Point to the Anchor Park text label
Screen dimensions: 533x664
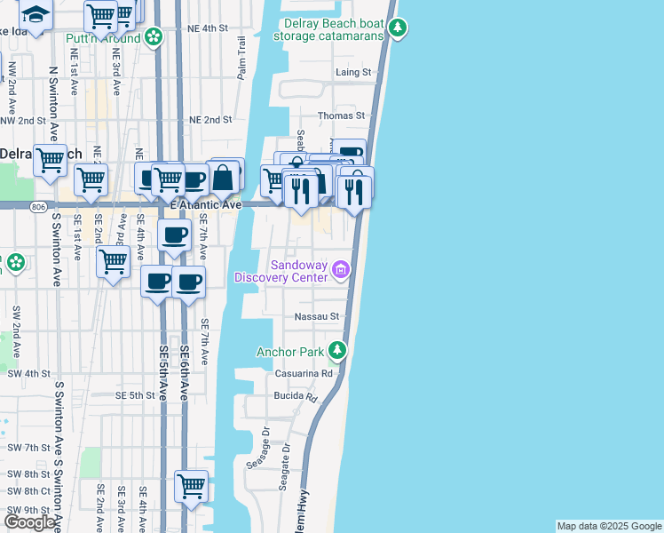click(x=290, y=352)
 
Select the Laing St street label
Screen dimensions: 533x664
click(x=352, y=72)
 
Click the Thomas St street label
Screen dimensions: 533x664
click(x=342, y=115)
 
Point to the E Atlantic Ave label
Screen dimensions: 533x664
click(x=206, y=205)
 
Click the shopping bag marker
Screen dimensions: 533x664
click(x=224, y=178)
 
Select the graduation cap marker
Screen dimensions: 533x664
click(x=36, y=12)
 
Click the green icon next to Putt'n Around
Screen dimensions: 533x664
click(x=154, y=37)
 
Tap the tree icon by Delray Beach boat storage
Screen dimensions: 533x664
click(x=399, y=29)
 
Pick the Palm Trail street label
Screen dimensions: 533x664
click(x=241, y=58)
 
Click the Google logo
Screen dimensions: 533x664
click(x=29, y=522)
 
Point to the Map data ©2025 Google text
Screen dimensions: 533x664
click(x=608, y=526)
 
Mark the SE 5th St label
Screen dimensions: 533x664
click(x=135, y=395)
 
